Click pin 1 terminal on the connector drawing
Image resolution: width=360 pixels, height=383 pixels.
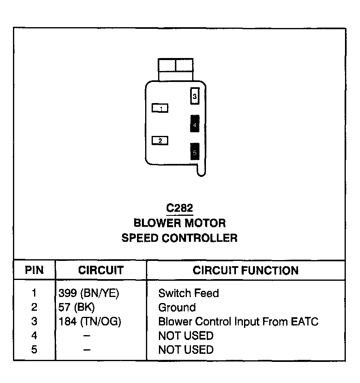pyautogui.click(x=160, y=108)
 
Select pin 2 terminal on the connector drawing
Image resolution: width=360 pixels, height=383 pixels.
pyautogui.click(x=160, y=141)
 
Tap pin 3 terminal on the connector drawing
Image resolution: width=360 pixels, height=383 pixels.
pyautogui.click(x=195, y=97)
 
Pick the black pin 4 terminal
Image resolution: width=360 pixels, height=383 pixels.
pyautogui.click(x=195, y=124)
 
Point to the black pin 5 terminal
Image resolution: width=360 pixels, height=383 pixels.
pyautogui.click(x=195, y=152)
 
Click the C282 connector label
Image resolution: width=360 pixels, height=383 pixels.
pyautogui.click(x=180, y=208)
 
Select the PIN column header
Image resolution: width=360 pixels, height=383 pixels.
pyautogui.click(x=34, y=271)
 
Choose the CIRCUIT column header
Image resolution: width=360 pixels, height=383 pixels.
pyautogui.click(x=101, y=271)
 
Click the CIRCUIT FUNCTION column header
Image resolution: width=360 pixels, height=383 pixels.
pyautogui.click(x=246, y=271)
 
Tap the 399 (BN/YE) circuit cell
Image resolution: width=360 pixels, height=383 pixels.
pyautogui.click(x=89, y=293)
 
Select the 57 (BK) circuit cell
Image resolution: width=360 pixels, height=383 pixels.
pyautogui.click(x=77, y=307)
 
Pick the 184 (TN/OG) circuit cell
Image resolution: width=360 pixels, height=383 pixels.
pyautogui.click(x=90, y=322)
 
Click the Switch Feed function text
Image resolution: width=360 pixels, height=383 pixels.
pyautogui.click(x=189, y=293)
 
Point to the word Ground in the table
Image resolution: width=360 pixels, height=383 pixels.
pyautogui.click(x=177, y=307)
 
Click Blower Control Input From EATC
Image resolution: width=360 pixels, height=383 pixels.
pyautogui.click(x=238, y=322)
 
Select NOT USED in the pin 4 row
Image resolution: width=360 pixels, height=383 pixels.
pyautogui.click(x=186, y=336)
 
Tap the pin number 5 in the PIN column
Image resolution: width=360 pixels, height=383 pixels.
pyautogui.click(x=34, y=349)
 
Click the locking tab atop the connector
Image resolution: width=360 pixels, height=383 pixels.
pyautogui.click(x=175, y=69)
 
